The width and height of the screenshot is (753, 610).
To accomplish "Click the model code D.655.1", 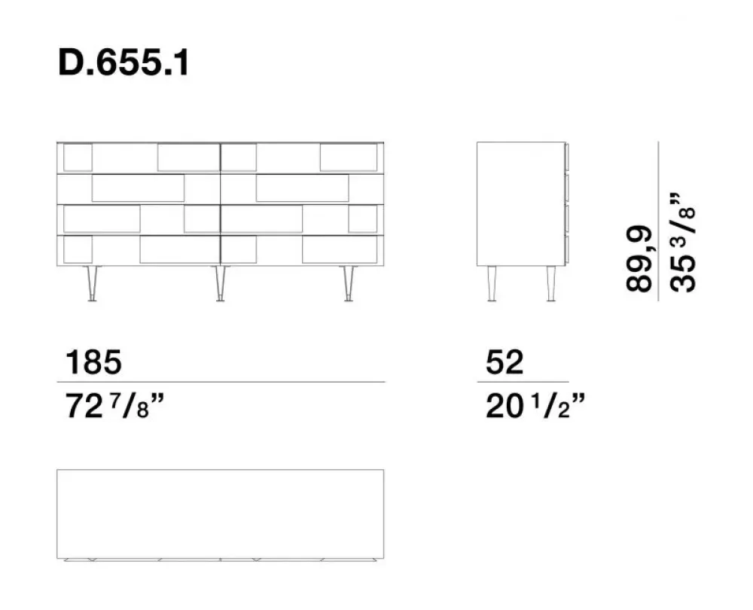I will [123, 64].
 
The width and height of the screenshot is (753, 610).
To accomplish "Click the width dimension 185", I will [93, 363].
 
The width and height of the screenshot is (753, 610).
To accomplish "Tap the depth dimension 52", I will [504, 363].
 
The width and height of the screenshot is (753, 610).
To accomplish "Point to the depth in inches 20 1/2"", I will [535, 407].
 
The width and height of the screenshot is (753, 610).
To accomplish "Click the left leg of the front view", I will [92, 283].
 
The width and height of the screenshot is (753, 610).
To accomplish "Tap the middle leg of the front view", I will [220, 283].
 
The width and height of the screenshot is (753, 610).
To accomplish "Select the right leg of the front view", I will [349, 283].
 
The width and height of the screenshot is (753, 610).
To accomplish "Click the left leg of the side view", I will [491, 283].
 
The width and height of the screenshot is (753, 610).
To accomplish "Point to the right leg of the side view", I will [550, 283].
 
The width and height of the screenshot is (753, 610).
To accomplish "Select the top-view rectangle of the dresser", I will [220, 514].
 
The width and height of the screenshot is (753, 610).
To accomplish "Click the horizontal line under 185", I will [221, 382].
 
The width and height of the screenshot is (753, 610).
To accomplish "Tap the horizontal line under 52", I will [523, 382].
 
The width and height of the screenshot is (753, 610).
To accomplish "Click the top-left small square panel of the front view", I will [78, 157].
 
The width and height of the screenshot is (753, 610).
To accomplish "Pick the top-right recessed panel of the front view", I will [348, 157].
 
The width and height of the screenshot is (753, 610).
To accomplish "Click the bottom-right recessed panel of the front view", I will [339, 250].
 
